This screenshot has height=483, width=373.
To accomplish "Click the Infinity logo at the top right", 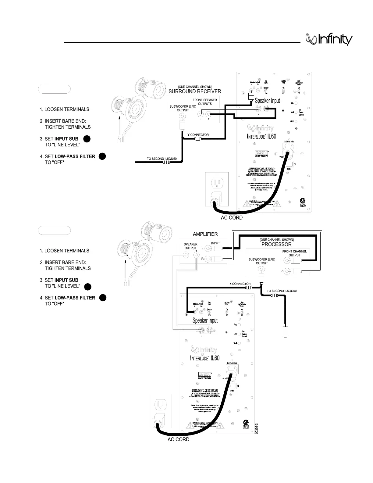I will [329, 40].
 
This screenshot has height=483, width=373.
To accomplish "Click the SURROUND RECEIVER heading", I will [195, 91].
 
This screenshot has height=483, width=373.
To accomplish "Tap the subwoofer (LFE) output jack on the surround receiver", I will [183, 116].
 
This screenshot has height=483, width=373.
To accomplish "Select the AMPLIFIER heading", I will [205, 234].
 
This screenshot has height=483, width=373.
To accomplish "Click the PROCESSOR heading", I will [276, 244].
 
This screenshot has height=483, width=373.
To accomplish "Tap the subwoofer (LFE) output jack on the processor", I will [261, 270].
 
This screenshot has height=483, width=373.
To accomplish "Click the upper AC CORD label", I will [232, 218].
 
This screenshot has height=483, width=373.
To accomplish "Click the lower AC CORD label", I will [178, 439].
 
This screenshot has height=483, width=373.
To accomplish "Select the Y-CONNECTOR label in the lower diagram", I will [240, 284].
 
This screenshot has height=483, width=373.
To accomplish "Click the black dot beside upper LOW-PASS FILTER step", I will [102, 156].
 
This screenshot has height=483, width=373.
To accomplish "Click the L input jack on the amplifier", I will [208, 248].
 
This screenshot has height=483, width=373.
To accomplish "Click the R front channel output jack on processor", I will [286, 271].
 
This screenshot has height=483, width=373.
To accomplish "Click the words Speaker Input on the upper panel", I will [267, 100].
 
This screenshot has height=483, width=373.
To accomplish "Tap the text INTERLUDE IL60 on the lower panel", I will [204, 358].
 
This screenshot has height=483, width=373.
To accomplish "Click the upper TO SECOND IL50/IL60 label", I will [161, 159].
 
